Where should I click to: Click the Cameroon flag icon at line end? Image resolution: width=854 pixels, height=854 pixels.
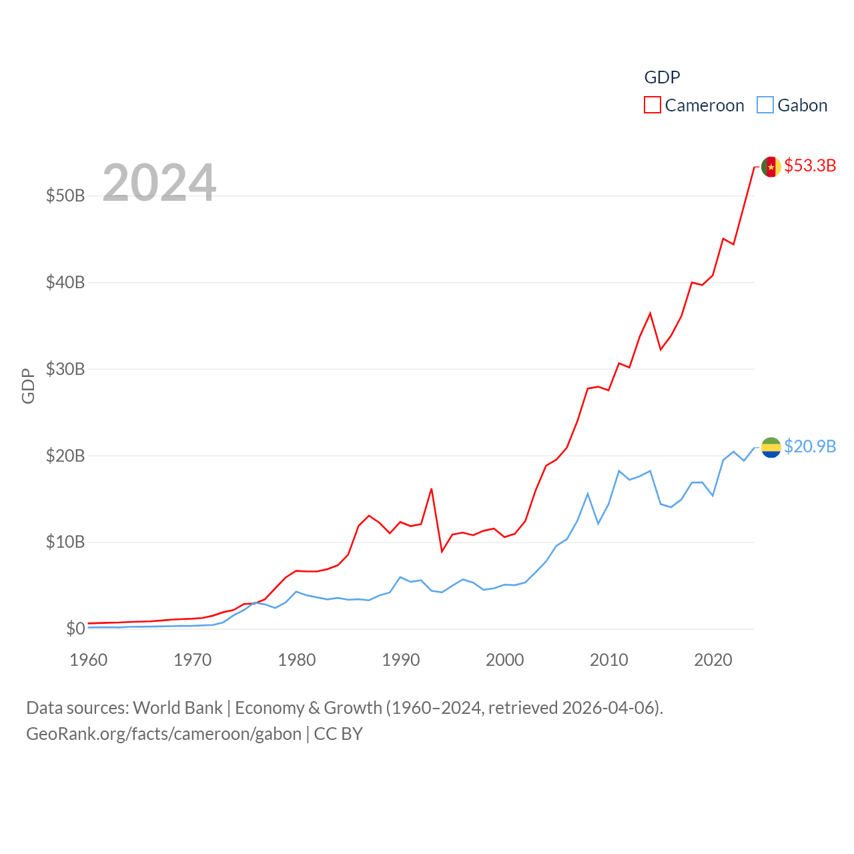pos(771,166)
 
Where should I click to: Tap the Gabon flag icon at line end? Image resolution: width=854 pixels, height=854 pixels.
pos(771,447)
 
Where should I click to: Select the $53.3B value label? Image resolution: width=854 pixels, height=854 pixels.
pos(810,165)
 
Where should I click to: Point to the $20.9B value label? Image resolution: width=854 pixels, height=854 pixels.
pos(810,446)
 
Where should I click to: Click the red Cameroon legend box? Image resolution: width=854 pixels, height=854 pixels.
pos(652,105)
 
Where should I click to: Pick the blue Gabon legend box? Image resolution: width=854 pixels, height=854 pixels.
pos(765,105)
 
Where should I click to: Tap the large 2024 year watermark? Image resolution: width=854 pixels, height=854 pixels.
pos(159,183)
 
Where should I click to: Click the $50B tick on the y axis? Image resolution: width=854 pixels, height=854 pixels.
pos(65,195)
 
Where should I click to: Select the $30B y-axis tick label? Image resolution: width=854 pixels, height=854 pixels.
pos(65,369)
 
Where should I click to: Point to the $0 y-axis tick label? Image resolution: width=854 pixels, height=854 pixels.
pos(75,628)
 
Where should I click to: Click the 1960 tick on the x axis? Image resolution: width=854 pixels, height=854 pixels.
pos(89,660)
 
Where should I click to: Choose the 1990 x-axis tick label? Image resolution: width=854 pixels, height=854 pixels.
pos(401,660)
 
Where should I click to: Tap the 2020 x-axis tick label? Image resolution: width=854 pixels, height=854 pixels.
pos(713,660)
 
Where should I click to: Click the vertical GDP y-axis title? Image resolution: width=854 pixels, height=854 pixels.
pos(28,386)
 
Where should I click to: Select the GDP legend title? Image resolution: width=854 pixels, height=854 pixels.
pos(662,77)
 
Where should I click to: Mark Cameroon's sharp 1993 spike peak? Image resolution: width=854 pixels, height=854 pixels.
pos(432,489)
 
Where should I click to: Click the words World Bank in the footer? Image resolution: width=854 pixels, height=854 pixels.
pos(177,708)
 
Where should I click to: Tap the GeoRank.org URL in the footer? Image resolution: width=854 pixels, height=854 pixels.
pos(163,734)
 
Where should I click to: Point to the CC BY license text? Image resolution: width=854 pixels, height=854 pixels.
pos(338,734)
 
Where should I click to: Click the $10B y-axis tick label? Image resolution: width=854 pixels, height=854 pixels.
pos(65,542)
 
